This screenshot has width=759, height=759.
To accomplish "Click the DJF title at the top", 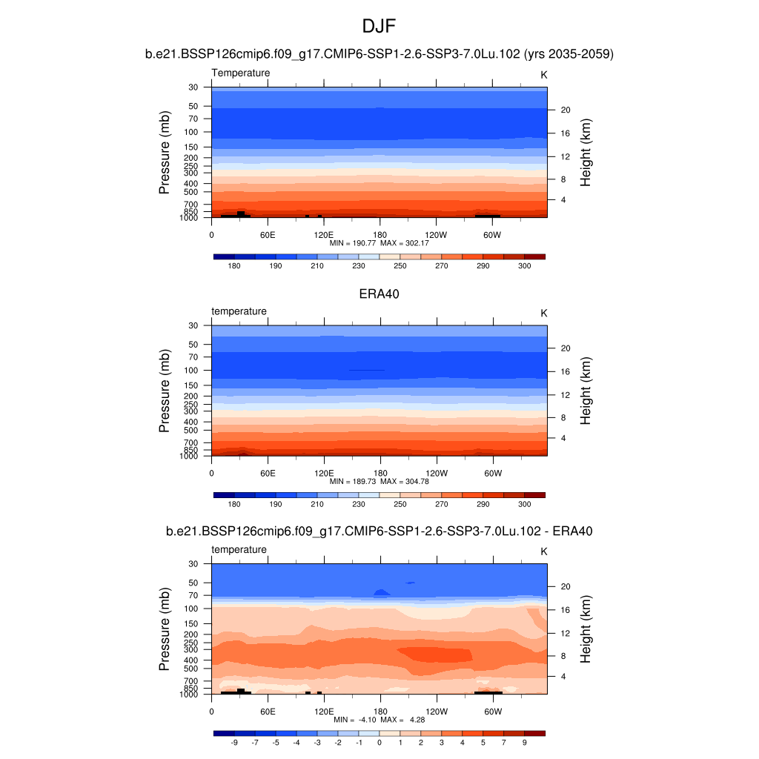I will pos(379,27).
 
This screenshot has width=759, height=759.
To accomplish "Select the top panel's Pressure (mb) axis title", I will pos(165,153).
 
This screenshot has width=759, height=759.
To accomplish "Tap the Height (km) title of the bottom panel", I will pos(586,629).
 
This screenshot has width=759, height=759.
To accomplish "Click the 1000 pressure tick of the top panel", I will pos(190,218).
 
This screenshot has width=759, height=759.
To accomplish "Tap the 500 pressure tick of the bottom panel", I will pos(192,669).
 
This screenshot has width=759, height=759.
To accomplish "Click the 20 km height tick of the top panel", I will pos(564,110).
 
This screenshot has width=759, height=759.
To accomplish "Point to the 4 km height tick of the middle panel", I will pos(562,438).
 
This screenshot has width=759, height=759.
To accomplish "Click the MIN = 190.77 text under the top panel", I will pos(353,242).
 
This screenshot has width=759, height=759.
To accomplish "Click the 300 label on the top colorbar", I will pos(524,265).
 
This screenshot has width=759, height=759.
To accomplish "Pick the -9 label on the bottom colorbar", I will pos(234,741).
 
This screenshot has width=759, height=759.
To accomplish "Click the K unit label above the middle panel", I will pos(544,313).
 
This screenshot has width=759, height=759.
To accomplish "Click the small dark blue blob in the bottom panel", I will pos(382,592).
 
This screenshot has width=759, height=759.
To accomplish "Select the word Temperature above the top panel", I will pos(241,73).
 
